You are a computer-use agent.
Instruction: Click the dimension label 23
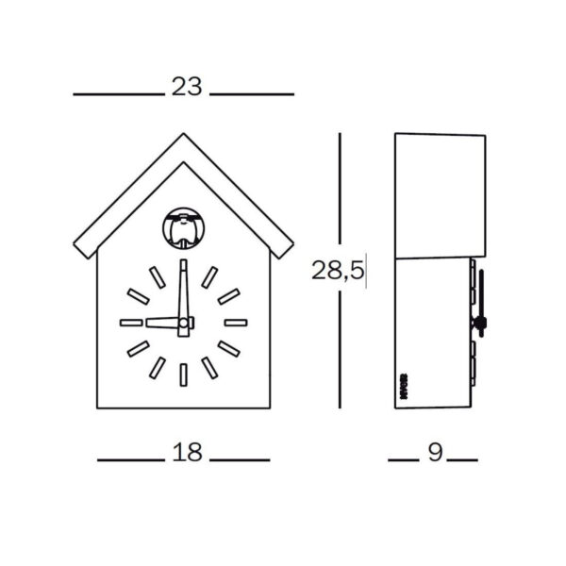coord(186,87)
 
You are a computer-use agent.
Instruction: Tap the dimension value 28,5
coord(338,272)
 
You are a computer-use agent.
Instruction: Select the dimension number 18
coord(188,452)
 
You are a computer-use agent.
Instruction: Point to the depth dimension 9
coord(435,452)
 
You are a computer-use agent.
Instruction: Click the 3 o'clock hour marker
coord(235,323)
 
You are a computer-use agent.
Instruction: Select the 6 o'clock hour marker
coord(183,375)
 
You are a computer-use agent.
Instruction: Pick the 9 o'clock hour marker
coord(131,323)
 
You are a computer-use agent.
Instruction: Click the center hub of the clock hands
coord(185,324)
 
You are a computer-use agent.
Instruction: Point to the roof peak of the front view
coord(183,137)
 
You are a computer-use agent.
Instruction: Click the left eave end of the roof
coord(82,250)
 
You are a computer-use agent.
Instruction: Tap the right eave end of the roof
coord(285,250)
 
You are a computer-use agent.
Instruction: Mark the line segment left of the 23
coord(119,94)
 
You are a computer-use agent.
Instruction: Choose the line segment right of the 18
coord(240,460)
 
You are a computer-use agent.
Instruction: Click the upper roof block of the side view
coord(440,195)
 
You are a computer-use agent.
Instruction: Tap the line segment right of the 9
coord(462,460)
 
